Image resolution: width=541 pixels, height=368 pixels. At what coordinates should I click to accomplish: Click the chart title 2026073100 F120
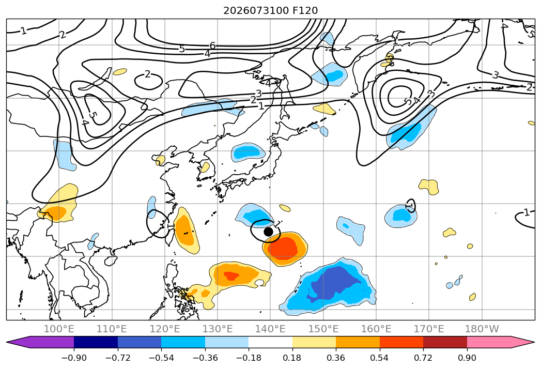(x=271, y=10)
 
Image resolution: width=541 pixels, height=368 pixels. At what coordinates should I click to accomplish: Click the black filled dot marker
(x=268, y=232)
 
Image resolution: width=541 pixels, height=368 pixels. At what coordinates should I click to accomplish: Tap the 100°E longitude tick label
(x=59, y=329)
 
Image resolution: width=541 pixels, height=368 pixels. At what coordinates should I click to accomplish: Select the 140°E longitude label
(x=270, y=329)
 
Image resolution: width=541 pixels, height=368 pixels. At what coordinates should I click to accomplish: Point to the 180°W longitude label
(x=482, y=329)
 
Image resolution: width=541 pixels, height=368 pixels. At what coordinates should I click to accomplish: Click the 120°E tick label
(x=165, y=329)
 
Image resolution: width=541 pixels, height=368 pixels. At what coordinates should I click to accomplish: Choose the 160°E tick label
(x=376, y=329)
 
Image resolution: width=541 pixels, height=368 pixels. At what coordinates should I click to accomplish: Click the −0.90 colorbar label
(x=74, y=358)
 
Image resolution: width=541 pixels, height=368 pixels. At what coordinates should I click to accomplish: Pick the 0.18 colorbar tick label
(x=292, y=358)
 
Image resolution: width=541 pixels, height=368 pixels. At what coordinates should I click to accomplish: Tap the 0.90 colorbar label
(x=467, y=358)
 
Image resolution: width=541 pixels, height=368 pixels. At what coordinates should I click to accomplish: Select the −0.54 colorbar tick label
(x=161, y=358)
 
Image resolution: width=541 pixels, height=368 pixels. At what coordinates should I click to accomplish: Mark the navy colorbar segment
(x=96, y=342)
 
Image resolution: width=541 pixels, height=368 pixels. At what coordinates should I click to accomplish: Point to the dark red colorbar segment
(x=445, y=342)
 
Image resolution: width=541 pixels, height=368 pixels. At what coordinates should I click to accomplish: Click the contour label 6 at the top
(x=212, y=45)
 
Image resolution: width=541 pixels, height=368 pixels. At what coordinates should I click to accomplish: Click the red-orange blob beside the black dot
(x=285, y=249)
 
